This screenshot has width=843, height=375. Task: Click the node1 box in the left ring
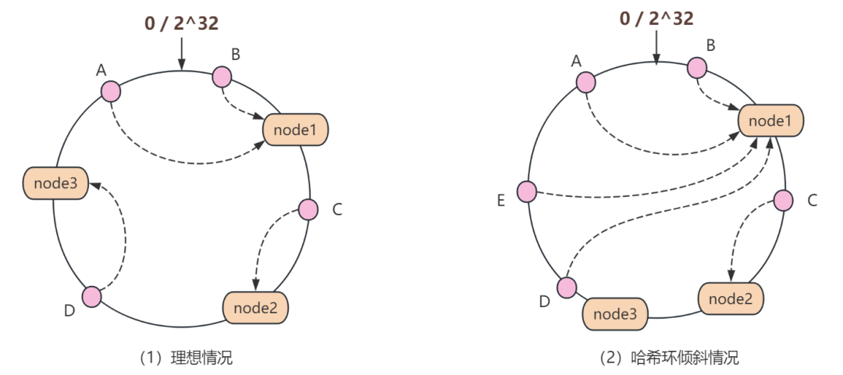(x=295, y=130)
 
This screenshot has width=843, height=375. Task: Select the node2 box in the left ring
(x=256, y=307)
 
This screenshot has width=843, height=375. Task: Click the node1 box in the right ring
(x=770, y=121)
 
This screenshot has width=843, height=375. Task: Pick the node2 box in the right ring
(x=731, y=298)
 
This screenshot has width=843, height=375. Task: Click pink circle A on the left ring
(x=111, y=91)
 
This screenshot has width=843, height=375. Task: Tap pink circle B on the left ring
(x=222, y=77)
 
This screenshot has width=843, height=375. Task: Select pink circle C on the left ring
(x=308, y=209)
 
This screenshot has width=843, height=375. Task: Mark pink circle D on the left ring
(x=92, y=297)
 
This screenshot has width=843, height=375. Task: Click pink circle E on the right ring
(x=528, y=191)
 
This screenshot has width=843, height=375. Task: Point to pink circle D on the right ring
(x=567, y=287)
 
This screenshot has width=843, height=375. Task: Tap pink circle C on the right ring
(x=783, y=201)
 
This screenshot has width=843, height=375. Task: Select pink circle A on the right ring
(x=585, y=82)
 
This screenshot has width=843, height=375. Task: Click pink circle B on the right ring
(x=697, y=68)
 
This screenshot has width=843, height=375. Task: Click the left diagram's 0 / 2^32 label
(x=181, y=23)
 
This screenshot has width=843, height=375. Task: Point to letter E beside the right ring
(x=500, y=201)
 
